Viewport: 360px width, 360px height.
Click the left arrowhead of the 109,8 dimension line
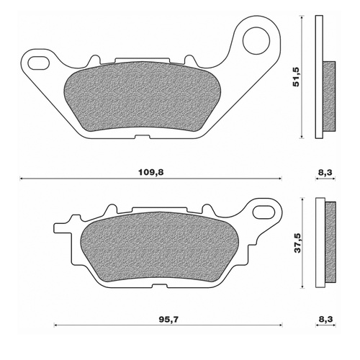(x=22, y=178)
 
